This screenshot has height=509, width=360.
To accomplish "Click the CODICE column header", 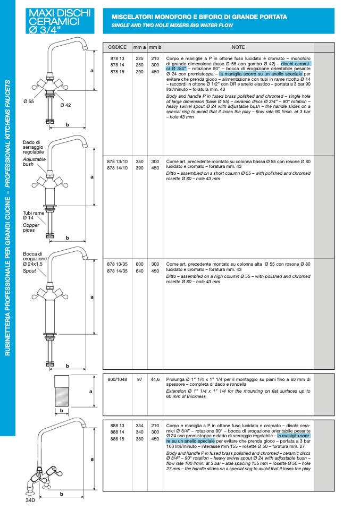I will click(x=117, y=47).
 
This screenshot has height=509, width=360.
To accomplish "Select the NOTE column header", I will click(x=238, y=47).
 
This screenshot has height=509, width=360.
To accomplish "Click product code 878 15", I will click(x=117, y=72).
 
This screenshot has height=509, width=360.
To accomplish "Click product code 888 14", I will click(x=117, y=432).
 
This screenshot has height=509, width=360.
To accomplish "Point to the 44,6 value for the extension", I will click(x=155, y=379).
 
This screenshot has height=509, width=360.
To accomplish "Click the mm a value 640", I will click(x=140, y=271).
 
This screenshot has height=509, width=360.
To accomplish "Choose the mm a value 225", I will click(x=140, y=58).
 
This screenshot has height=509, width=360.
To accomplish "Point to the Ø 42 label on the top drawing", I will click(x=65, y=105).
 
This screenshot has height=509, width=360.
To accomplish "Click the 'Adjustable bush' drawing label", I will click(x=34, y=162).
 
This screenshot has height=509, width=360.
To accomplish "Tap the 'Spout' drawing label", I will click(x=29, y=271).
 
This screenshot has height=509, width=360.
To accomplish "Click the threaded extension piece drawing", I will click(x=63, y=391).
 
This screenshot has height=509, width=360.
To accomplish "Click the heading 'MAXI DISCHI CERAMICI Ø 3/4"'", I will click(x=60, y=21).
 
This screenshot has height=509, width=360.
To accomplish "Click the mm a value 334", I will click(x=140, y=426).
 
